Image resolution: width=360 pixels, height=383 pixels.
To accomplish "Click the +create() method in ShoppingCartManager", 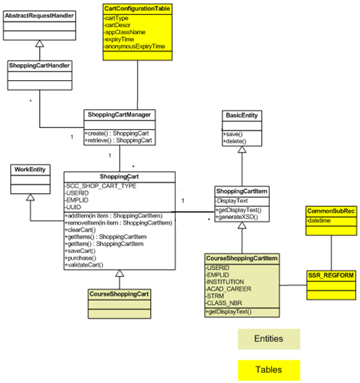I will point(116,133).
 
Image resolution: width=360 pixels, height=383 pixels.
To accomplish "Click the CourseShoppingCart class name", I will point(119,293).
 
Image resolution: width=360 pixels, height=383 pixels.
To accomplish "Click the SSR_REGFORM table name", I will point(330,276).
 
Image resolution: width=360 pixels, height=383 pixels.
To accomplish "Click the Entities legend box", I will point(269,339).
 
